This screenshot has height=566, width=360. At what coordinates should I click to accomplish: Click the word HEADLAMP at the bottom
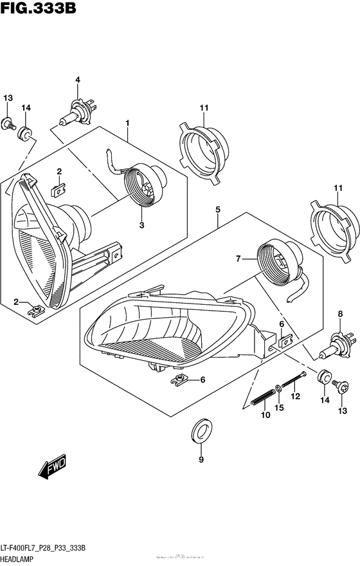22,558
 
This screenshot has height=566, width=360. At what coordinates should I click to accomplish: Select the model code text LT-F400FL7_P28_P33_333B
48,546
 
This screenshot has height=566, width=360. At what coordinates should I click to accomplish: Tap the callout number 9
201,459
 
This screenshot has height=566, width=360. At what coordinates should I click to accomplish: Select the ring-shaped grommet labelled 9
201,431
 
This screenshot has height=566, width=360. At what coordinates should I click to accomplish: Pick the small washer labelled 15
277,388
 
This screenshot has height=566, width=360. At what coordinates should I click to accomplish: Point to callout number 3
141,225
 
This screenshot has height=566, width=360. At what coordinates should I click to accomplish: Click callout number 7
237,259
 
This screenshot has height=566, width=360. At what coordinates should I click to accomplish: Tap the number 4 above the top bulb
77,80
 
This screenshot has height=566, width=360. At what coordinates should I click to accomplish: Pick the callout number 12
296,397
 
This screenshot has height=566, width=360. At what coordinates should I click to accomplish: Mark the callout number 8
339,313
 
